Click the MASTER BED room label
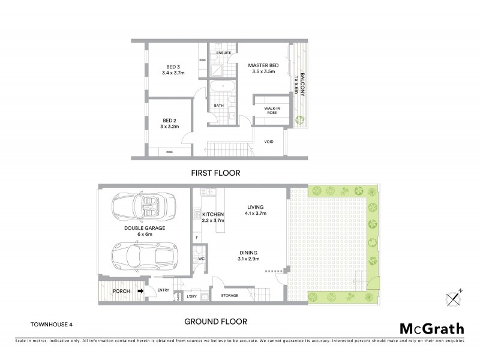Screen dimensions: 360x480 point(263,65)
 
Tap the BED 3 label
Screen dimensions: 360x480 point(173,67)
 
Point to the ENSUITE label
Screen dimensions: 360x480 point(224,53)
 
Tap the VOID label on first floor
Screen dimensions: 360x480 point(269,142)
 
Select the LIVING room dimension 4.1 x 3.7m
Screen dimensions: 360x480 point(256,213)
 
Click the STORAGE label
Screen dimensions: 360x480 point(230,295)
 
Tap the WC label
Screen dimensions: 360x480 point(202,259)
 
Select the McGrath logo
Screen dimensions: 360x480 point(431,328)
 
